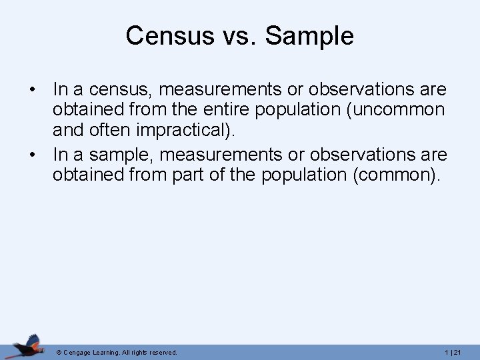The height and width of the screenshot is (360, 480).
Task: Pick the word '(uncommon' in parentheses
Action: [393, 111]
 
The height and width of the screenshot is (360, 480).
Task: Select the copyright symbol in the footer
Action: [59, 352]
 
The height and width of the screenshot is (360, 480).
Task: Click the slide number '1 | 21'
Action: [457, 352]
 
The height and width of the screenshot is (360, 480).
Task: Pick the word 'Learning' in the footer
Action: [107, 352]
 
